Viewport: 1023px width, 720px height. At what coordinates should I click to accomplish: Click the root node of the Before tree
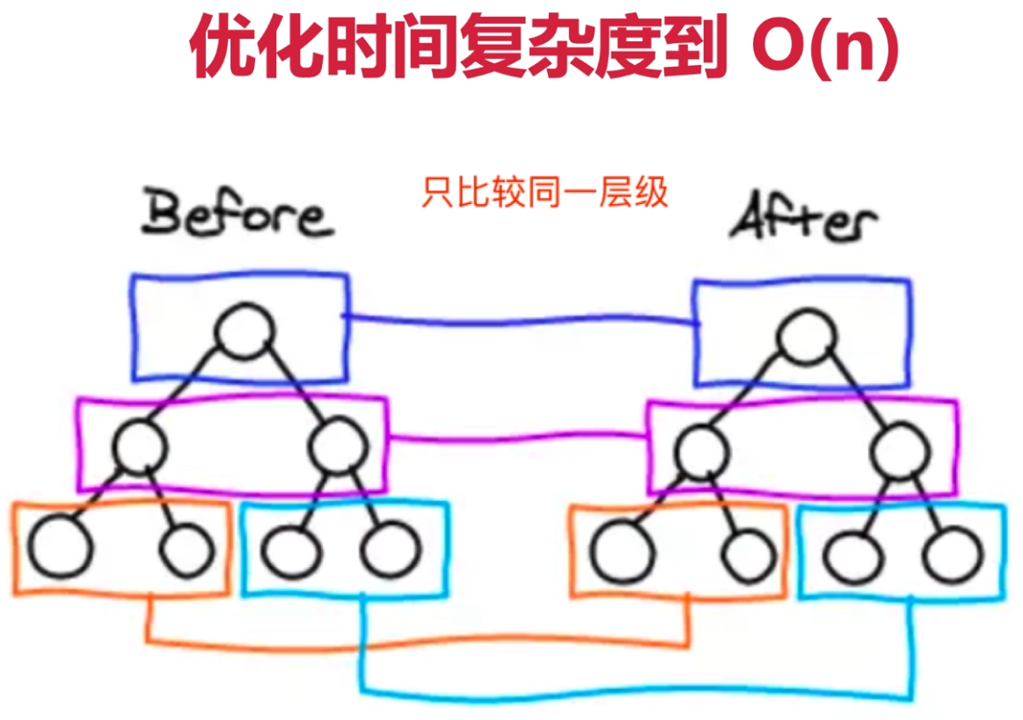[244, 331]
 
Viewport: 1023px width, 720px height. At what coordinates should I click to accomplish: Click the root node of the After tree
[807, 336]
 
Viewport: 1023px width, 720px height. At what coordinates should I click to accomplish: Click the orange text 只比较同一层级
[544, 192]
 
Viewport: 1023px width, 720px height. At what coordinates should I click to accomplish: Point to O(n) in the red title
[825, 47]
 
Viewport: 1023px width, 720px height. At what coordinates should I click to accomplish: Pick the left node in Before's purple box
[140, 447]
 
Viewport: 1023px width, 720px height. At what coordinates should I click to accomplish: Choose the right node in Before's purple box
[339, 447]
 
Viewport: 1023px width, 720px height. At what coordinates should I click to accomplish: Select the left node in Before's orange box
[60, 547]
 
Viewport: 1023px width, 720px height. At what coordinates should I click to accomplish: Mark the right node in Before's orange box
[187, 549]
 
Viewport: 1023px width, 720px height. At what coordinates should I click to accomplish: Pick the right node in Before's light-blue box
[391, 549]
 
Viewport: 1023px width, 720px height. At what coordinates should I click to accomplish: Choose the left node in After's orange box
[621, 552]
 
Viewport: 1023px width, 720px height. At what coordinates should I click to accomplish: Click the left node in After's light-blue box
[853, 556]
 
